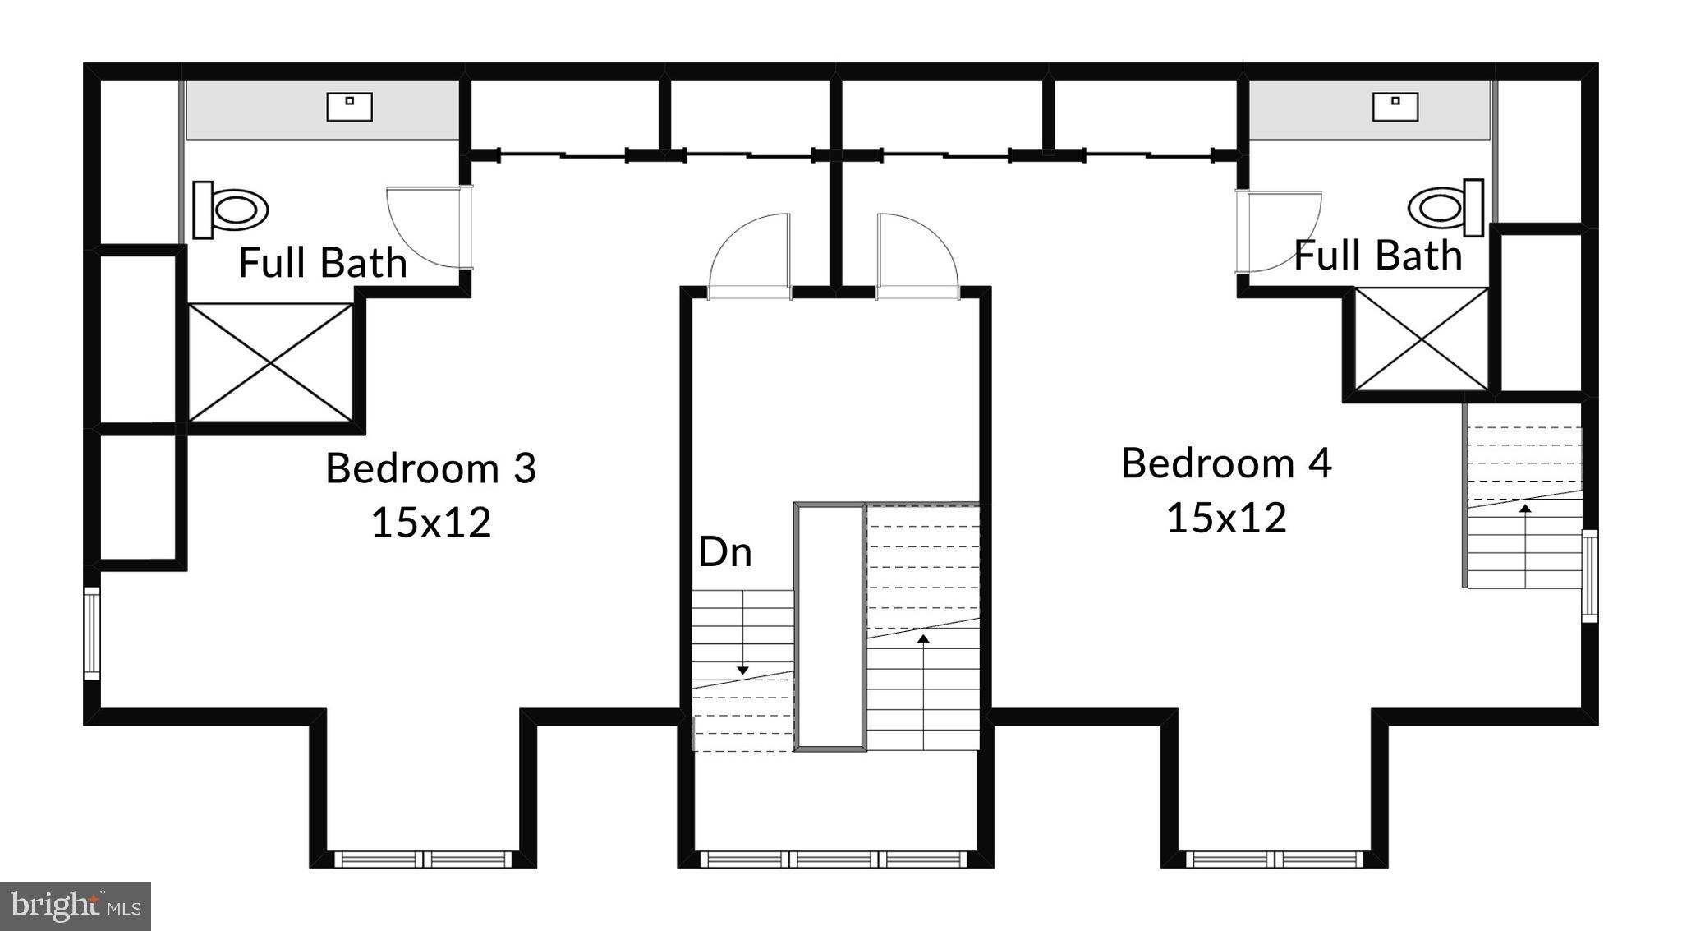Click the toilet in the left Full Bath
[231, 210]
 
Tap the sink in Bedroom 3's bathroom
[349, 107]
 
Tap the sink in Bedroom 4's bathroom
[1395, 107]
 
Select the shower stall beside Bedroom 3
[271, 362]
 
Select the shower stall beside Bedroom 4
[1421, 339]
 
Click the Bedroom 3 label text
[430, 468]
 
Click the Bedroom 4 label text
[1225, 463]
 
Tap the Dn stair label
[724, 552]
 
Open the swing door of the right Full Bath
[1277, 231]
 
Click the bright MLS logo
[76, 906]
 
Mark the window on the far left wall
[92, 634]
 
